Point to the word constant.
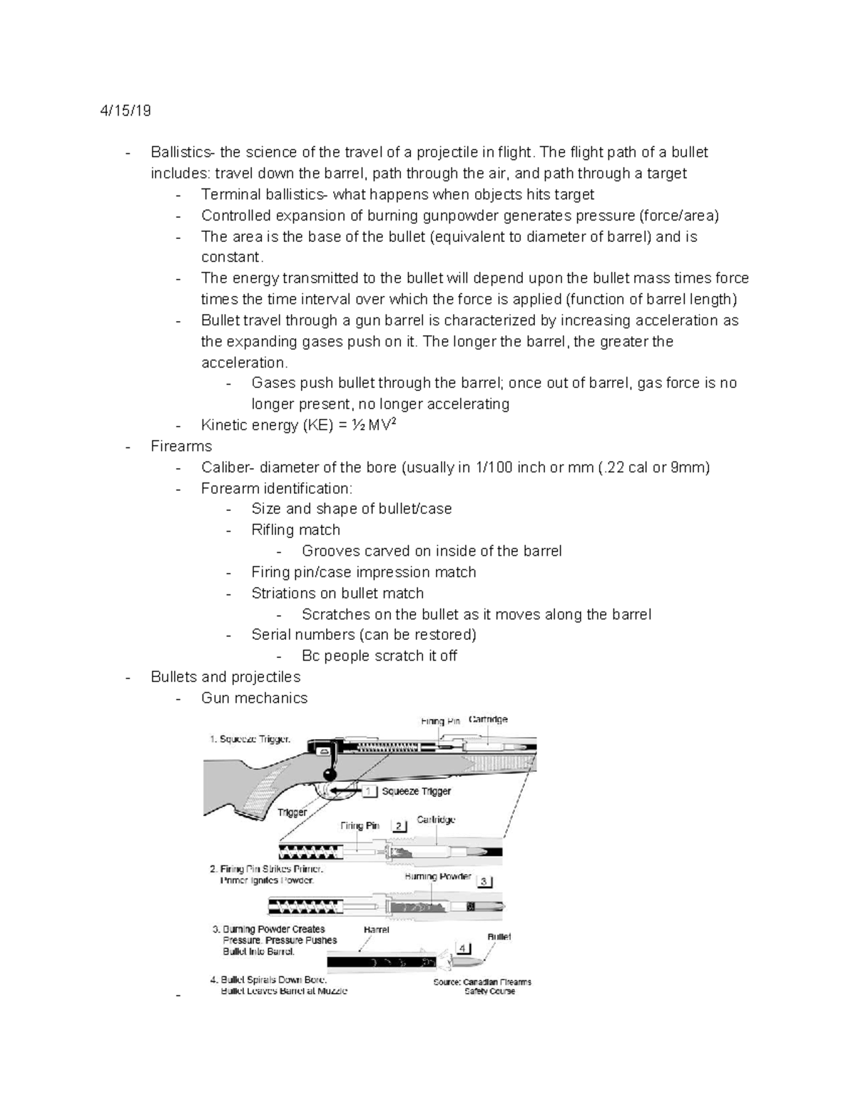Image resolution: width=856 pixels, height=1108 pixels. pos(233,257)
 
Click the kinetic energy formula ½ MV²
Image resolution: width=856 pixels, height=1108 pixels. pos(370,425)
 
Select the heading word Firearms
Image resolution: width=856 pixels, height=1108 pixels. pos(181,446)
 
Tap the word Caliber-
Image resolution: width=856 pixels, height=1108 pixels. pos(228,467)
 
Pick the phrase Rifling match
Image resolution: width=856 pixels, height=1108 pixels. pos(295,530)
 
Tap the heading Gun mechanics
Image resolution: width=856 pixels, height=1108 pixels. pos(254,698)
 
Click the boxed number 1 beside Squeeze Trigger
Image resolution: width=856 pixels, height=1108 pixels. pos(369,791)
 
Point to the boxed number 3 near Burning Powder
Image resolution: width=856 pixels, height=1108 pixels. pos(484,882)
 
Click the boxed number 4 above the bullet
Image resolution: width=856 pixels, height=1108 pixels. pos(464,948)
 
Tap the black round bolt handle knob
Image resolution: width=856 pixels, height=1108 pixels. pos(330,774)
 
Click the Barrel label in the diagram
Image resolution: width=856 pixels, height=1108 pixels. pos(376,930)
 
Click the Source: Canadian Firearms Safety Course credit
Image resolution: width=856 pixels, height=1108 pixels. pos(482,986)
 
